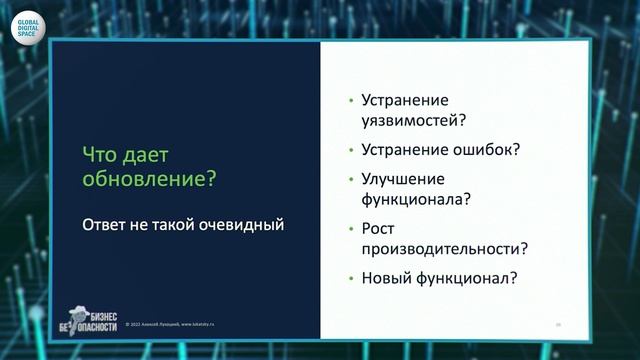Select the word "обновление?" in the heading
(x=149, y=181)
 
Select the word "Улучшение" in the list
(x=399, y=179)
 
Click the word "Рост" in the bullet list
(x=378, y=228)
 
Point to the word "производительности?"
(x=445, y=248)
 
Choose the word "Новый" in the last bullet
(x=385, y=277)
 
